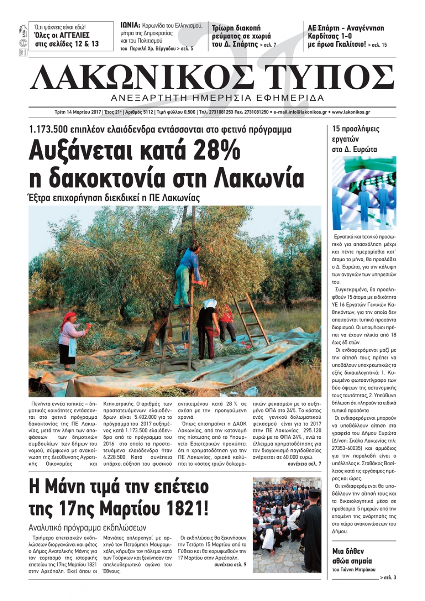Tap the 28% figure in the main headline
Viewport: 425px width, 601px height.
(216, 152)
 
